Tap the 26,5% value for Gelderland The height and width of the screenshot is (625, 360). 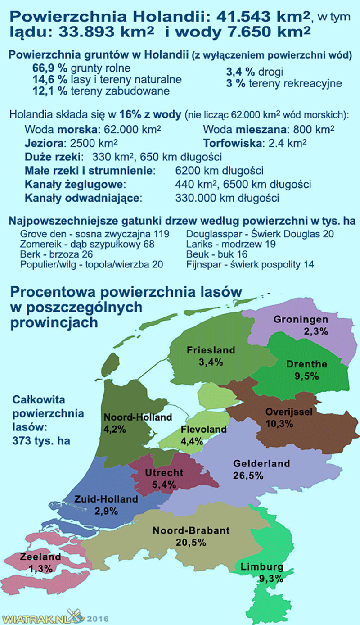pyautogui.click(x=248, y=476)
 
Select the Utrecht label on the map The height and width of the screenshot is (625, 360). pyautogui.click(x=164, y=472)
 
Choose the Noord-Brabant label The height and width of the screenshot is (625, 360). pyautogui.click(x=191, y=530)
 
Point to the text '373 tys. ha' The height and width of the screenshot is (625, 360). pyautogui.click(x=42, y=440)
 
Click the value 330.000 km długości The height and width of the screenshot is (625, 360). pyautogui.click(x=227, y=198)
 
